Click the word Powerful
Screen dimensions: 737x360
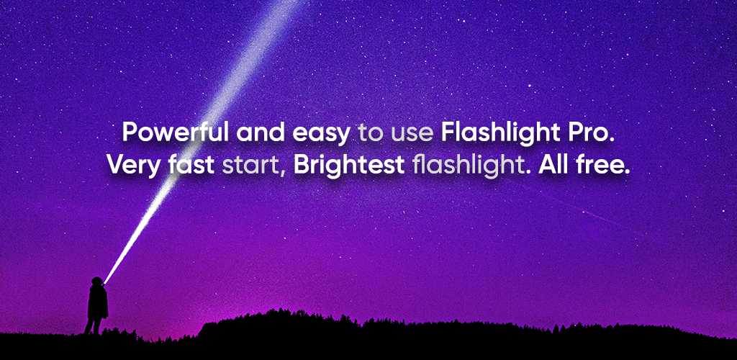point(176,133)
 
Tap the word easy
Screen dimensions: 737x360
point(321,135)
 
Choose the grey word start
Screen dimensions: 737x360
point(253,166)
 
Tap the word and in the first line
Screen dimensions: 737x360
point(261,133)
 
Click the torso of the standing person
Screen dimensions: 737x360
point(98,302)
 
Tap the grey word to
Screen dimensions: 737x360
point(371,135)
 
